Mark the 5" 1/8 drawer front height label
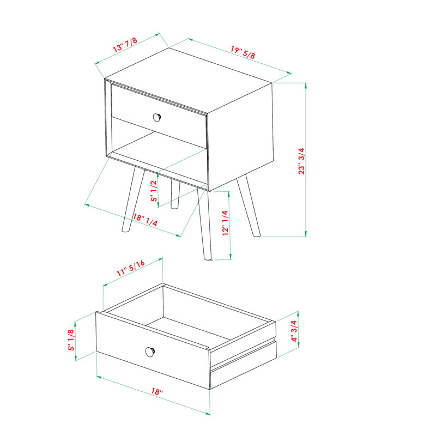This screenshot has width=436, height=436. (71, 339)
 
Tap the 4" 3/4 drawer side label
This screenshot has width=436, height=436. (293, 330)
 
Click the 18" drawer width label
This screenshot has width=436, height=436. (157, 392)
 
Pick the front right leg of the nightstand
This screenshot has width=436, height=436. (204, 226)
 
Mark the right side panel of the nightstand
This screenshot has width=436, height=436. (240, 136)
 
